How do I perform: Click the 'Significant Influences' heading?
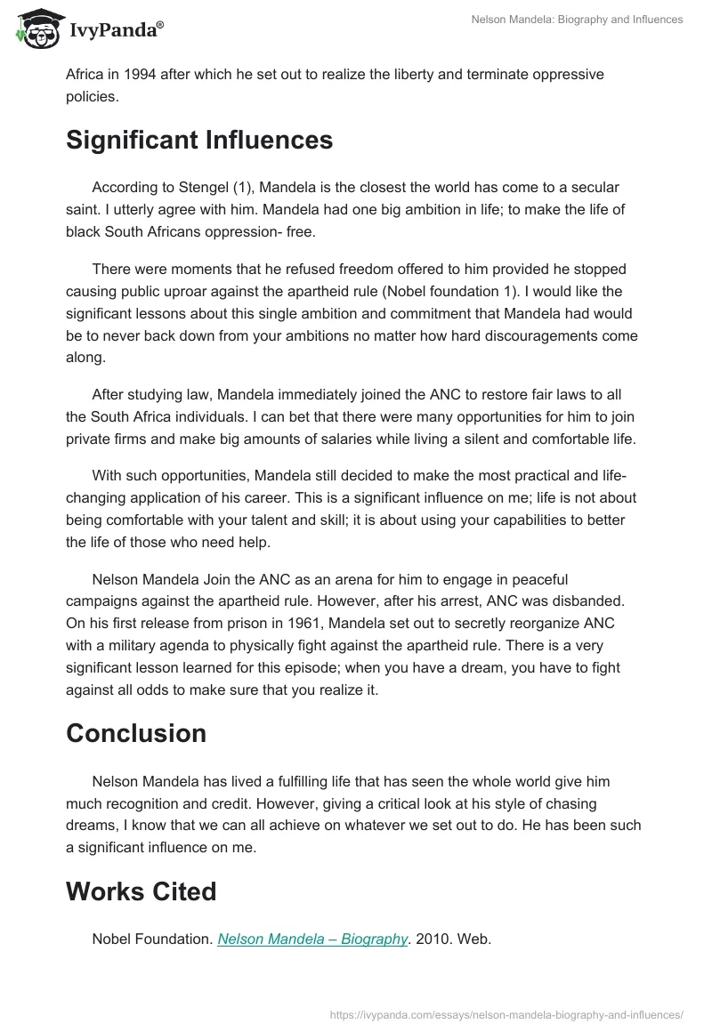pos(199,140)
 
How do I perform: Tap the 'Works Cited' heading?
pos(141,891)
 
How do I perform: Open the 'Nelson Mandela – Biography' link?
pos(312,939)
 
